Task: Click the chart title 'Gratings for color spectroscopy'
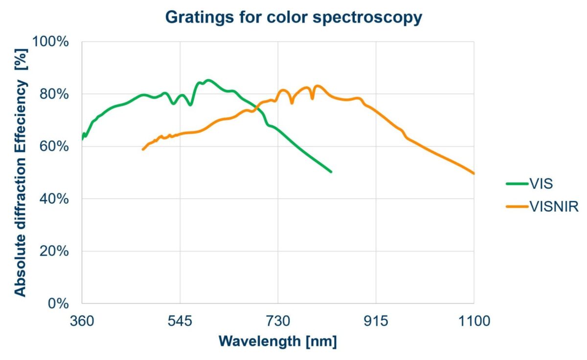point(293,17)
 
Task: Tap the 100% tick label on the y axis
point(50,42)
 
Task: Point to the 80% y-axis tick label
point(53,94)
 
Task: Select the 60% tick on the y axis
point(53,146)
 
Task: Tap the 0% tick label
point(57,303)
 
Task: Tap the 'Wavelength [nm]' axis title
point(278,341)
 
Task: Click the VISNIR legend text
point(554,207)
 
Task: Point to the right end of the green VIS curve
point(331,172)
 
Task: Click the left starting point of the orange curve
point(143,149)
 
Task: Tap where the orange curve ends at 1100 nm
point(474,173)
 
